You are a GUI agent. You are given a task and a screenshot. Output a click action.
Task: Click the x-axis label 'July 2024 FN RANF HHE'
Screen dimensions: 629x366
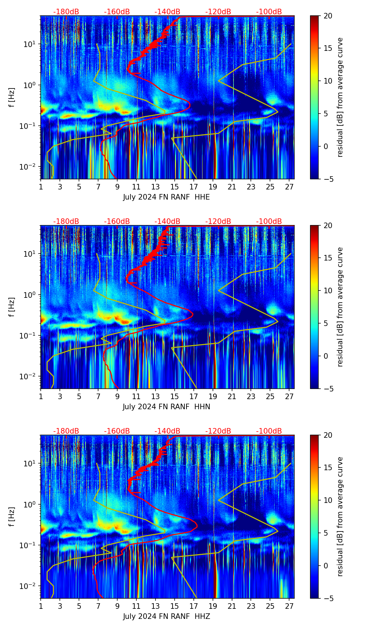pyautogui.click(x=166, y=197)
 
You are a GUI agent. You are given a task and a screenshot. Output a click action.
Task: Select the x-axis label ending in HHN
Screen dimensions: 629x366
pyautogui.click(x=166, y=407)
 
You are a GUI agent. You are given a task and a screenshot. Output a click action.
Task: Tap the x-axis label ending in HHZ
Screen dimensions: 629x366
pyautogui.click(x=166, y=616)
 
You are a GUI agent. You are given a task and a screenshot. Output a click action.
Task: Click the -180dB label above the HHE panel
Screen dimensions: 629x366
pyautogui.click(x=66, y=12)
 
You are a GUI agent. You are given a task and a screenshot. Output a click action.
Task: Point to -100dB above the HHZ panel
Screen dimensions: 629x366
pyautogui.click(x=269, y=431)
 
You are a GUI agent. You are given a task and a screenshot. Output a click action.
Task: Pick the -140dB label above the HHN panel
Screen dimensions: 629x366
pyautogui.click(x=167, y=222)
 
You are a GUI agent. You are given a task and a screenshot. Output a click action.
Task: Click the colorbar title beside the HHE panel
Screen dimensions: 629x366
pyautogui.click(x=340, y=97)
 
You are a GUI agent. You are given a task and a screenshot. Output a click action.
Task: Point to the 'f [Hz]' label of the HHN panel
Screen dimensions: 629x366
pyautogui.click(x=12, y=307)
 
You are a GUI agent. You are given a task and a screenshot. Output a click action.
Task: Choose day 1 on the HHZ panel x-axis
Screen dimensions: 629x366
pyautogui.click(x=41, y=606)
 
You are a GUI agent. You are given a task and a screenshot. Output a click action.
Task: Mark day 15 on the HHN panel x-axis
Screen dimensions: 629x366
pyautogui.click(x=175, y=396)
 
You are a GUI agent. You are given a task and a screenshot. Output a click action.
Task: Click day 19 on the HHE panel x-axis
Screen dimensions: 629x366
pyautogui.click(x=213, y=187)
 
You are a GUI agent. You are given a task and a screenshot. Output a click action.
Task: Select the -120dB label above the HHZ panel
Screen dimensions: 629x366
pyautogui.click(x=218, y=431)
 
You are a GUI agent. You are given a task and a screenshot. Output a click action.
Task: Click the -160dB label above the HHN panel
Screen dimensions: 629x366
pyautogui.click(x=117, y=222)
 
